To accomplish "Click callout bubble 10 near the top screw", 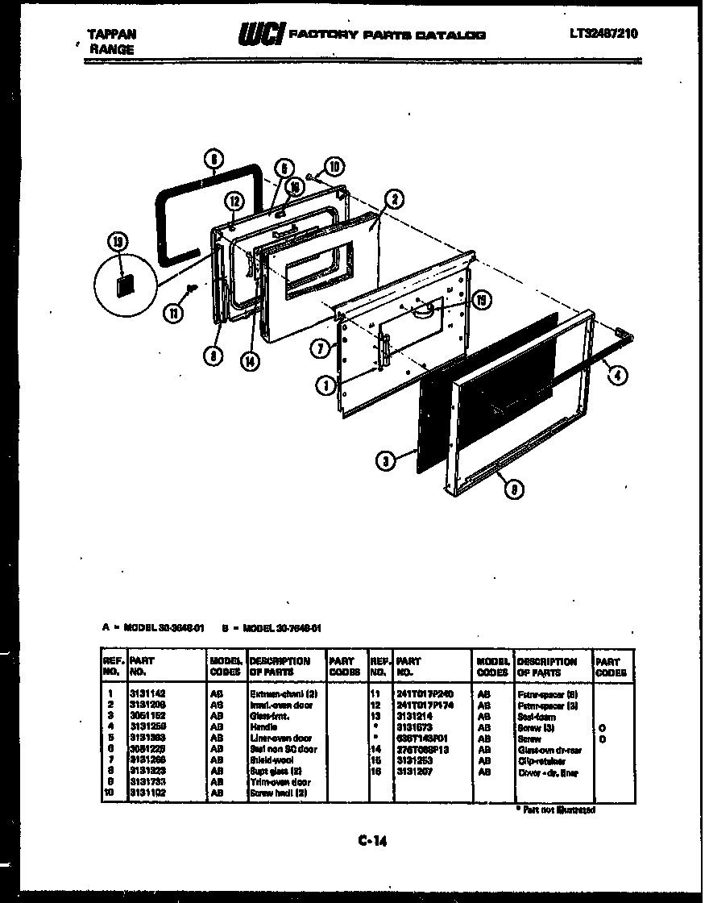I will [333, 168].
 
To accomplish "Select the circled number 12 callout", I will [232, 202].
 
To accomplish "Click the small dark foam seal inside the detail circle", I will [123, 284].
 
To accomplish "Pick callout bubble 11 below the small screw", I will [174, 314].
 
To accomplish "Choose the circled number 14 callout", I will [254, 361].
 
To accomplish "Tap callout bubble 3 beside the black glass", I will [387, 461].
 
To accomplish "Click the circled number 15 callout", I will [481, 298].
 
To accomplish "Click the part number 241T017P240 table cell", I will [425, 693].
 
